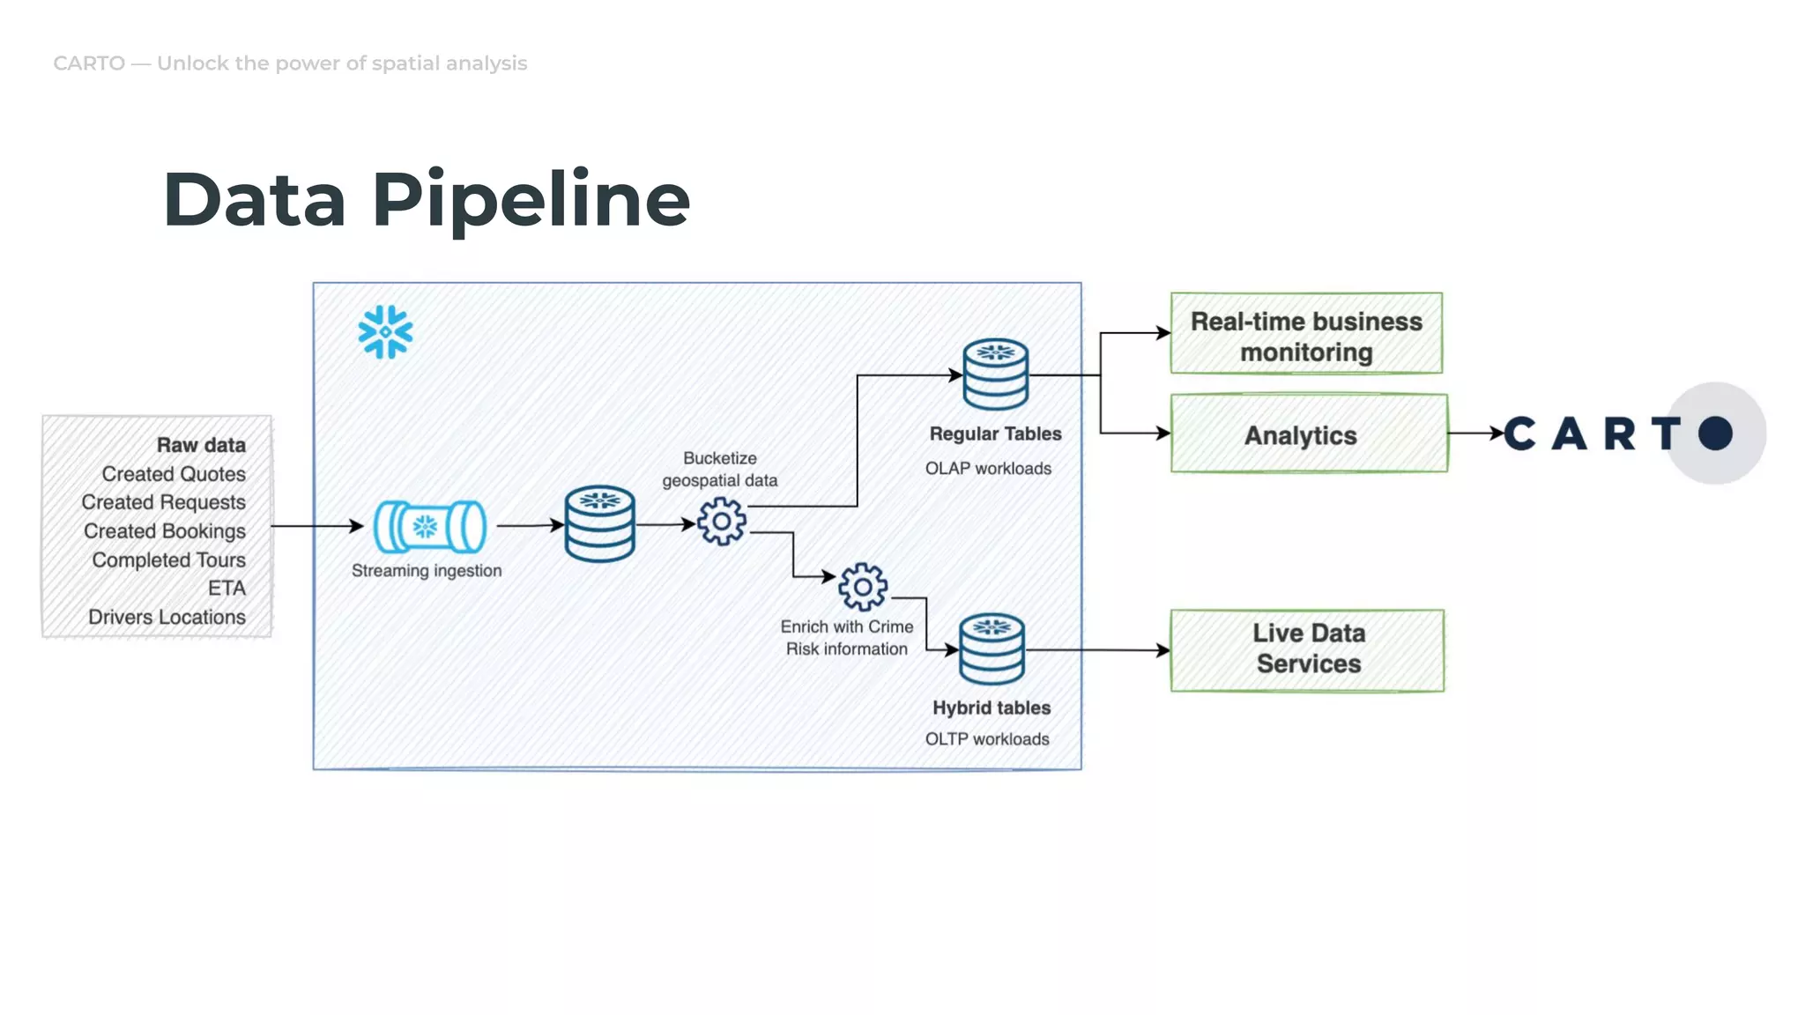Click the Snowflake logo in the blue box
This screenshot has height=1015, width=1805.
[385, 332]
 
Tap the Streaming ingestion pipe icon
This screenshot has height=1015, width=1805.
[429, 527]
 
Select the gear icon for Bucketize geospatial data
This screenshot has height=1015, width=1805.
[722, 522]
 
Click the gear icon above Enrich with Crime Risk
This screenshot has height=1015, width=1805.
[863, 587]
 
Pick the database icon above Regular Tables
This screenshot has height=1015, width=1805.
[996, 374]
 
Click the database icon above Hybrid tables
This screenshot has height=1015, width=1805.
[992, 649]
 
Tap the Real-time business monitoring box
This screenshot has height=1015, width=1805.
[1306, 334]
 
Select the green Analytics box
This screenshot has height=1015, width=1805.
[1308, 434]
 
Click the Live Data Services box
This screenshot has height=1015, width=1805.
[1307, 649]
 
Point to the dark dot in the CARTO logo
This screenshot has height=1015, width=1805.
[1715, 433]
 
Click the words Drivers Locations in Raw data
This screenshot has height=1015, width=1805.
[167, 617]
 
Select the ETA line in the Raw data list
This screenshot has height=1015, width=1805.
[227, 588]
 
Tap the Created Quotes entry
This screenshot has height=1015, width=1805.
[174, 474]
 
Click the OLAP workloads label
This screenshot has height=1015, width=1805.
[988, 469]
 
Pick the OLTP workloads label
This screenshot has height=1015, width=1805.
[987, 739]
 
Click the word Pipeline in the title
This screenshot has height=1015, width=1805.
[531, 200]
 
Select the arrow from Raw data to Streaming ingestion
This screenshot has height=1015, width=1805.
[317, 526]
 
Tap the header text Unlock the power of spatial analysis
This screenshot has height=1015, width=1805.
[342, 63]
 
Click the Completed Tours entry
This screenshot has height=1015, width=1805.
[168, 559]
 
